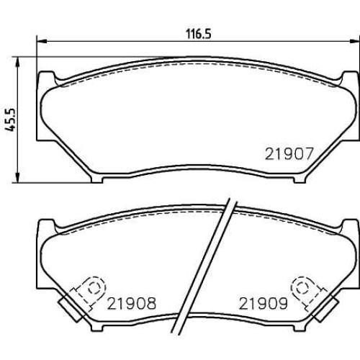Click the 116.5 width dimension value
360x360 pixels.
(199, 34)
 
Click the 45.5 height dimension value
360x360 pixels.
(10, 120)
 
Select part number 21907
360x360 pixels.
(289, 154)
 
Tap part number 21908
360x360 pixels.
(132, 303)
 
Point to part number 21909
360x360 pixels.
(264, 303)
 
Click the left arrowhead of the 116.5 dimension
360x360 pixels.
(41, 41)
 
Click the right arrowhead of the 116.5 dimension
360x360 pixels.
(355, 41)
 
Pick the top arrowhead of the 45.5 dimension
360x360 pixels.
(17, 62)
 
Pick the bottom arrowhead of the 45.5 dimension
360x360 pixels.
(17, 178)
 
